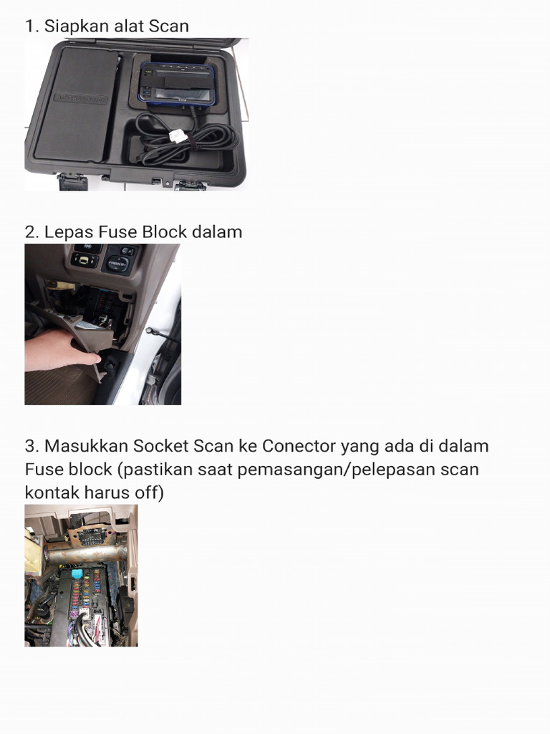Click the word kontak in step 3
point(49,494)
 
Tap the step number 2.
point(30,232)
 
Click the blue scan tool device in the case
point(176,85)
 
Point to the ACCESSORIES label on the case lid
point(79,97)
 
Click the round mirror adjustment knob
point(116,264)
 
